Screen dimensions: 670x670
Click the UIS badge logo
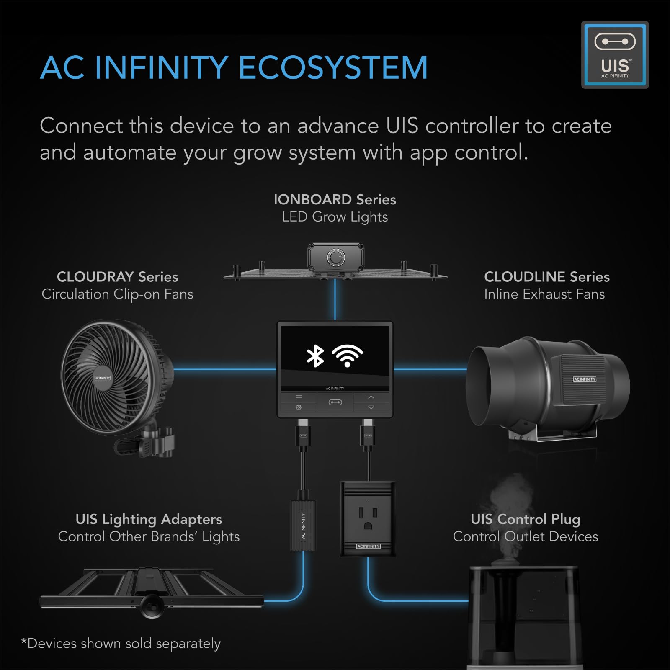click(x=615, y=54)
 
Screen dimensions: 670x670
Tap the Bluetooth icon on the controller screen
click(x=315, y=356)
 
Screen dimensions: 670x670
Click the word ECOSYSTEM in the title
click(x=333, y=67)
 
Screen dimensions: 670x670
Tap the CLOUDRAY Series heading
click(x=117, y=277)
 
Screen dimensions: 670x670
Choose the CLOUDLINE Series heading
click(x=546, y=277)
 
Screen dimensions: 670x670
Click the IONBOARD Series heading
click(x=335, y=200)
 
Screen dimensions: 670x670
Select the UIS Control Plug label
click(x=525, y=519)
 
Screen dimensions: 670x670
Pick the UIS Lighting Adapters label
click(x=149, y=519)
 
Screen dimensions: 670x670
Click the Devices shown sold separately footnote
click(x=121, y=643)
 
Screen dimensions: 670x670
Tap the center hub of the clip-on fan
click(x=103, y=378)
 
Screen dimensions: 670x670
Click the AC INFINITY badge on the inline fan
click(x=584, y=379)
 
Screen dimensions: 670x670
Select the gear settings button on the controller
click(x=299, y=407)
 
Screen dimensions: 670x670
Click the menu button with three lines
click(x=299, y=397)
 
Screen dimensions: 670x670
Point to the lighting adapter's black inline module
click(x=303, y=526)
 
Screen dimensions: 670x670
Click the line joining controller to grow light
click(x=335, y=299)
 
